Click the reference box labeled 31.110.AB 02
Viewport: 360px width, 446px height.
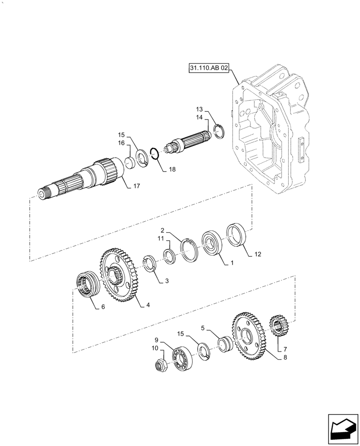(209, 68)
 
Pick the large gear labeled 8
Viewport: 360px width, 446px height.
(248, 335)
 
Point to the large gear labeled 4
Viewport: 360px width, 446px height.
(119, 277)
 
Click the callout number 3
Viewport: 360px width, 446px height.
(167, 281)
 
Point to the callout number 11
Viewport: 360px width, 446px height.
(161, 240)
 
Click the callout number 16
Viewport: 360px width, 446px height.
(121, 143)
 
